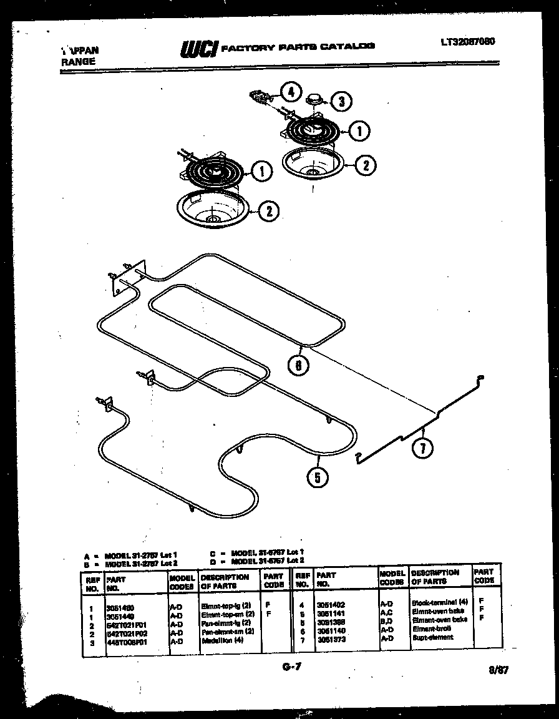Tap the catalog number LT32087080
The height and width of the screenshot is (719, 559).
pyautogui.click(x=469, y=42)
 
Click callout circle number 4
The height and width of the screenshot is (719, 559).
pyautogui.click(x=290, y=92)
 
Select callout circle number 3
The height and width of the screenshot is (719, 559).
pyautogui.click(x=340, y=100)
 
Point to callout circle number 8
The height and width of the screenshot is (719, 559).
pyautogui.click(x=299, y=365)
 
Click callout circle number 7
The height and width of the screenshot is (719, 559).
pyautogui.click(x=424, y=449)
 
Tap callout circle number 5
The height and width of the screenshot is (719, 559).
pyautogui.click(x=318, y=477)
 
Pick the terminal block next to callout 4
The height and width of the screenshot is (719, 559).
pyautogui.click(x=260, y=96)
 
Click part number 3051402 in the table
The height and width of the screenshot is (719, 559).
pyautogui.click(x=331, y=605)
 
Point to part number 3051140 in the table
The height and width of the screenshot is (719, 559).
pyautogui.click(x=330, y=631)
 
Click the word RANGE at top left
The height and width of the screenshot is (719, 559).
pyautogui.click(x=78, y=61)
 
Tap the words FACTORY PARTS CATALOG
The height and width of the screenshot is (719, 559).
pyautogui.click(x=298, y=46)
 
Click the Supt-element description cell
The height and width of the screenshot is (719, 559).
pyautogui.click(x=432, y=638)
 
